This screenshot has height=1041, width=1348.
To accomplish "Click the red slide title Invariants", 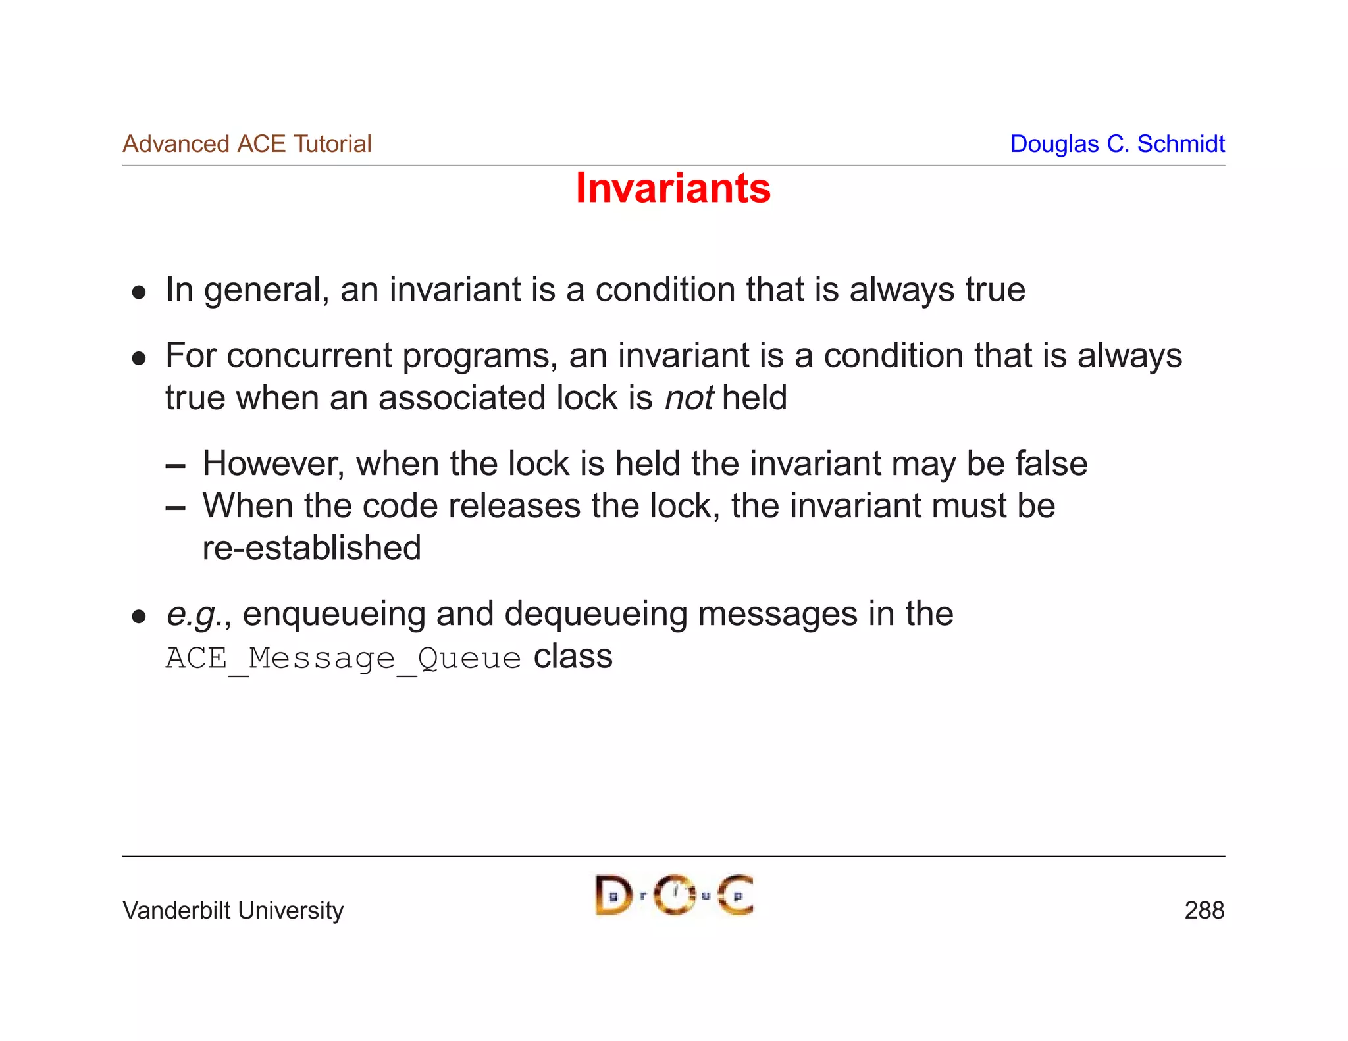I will pyautogui.click(x=673, y=188).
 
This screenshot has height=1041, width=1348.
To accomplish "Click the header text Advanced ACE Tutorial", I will pyautogui.click(x=247, y=143).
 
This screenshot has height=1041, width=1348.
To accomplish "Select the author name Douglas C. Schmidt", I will pyautogui.click(x=1117, y=143).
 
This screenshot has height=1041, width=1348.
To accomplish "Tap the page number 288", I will pyautogui.click(x=1204, y=910).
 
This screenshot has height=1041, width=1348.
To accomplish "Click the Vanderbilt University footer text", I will pyautogui.click(x=233, y=910).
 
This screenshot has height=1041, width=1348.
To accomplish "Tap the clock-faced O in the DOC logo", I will pyautogui.click(x=675, y=895).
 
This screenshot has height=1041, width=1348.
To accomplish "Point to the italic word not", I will pyautogui.click(x=688, y=398).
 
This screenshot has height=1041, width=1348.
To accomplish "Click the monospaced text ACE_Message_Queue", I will pyautogui.click(x=343, y=658).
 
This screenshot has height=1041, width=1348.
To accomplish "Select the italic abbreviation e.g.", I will pyautogui.click(x=194, y=615).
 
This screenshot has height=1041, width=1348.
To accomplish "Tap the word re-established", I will pyautogui.click(x=311, y=548).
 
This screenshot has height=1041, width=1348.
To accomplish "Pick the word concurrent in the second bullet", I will pyautogui.click(x=309, y=356).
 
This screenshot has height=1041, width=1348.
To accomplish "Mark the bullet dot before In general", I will pyautogui.click(x=138, y=292).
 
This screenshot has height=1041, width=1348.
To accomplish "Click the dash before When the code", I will pyautogui.click(x=175, y=507).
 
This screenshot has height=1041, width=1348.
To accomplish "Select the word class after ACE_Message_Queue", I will pyautogui.click(x=573, y=657).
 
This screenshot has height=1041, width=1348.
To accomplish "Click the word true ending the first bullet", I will pyautogui.click(x=995, y=290).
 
